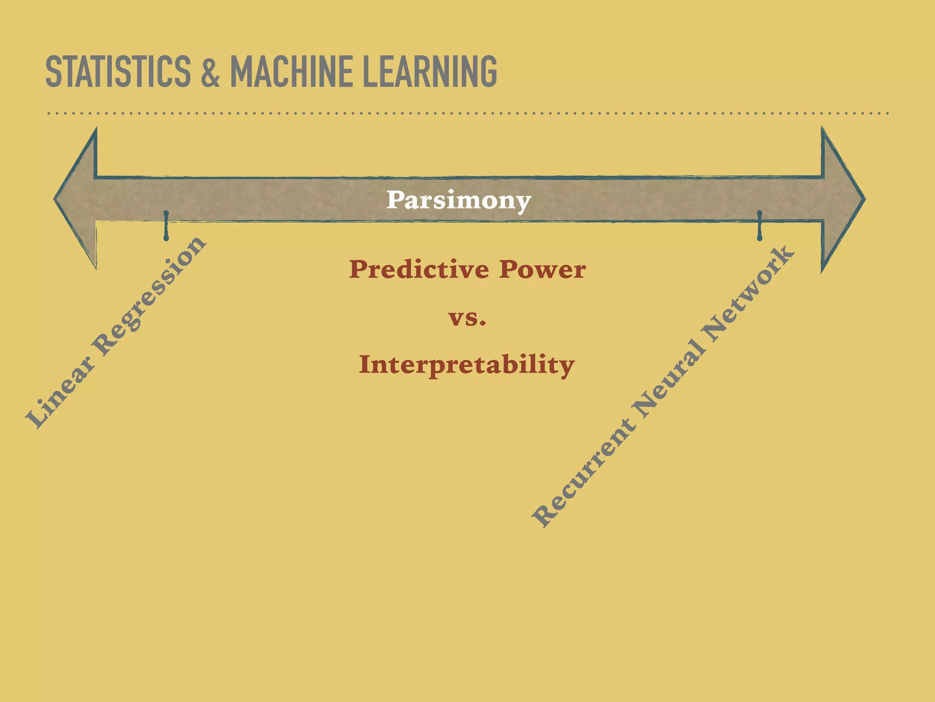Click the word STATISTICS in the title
118,71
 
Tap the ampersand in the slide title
210,71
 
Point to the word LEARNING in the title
429,71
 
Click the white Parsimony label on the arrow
459,200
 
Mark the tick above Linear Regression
166,225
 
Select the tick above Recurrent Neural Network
760,225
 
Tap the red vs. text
467,318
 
